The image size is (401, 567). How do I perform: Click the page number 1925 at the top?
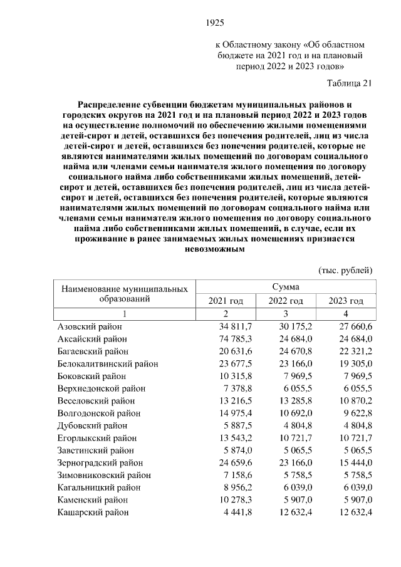click(x=216, y=23)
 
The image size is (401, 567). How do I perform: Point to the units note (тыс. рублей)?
click(x=346, y=270)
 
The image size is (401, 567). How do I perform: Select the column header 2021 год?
click(x=226, y=301)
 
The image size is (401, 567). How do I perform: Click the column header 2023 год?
click(x=346, y=301)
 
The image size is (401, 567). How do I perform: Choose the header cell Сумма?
click(x=285, y=286)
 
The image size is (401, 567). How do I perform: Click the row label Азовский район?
click(x=90, y=327)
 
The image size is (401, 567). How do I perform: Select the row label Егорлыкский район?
click(x=93, y=437)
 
